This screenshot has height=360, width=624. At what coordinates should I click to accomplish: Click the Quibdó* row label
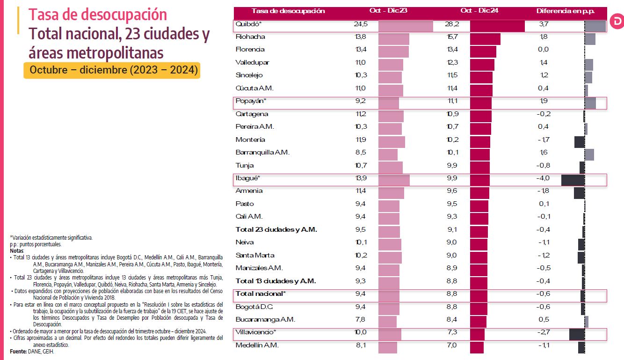(248, 24)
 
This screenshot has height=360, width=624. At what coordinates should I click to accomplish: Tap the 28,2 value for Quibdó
(452, 24)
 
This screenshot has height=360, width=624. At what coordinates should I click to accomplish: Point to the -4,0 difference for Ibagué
(544, 178)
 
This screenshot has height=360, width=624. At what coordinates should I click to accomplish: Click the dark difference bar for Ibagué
(573, 180)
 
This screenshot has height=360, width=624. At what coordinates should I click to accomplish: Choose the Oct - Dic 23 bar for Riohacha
(393, 39)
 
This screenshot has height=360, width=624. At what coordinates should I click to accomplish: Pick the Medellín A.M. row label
(257, 345)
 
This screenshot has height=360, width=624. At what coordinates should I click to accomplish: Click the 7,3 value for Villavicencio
(452, 332)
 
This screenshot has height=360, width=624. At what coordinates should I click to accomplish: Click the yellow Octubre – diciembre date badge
(112, 70)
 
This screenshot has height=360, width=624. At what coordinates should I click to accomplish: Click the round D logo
(617, 22)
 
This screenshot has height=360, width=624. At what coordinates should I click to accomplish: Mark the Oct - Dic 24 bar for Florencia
(483, 51)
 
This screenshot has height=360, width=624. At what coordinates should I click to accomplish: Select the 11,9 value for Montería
(361, 140)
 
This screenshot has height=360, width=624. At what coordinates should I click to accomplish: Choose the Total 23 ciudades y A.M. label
(276, 229)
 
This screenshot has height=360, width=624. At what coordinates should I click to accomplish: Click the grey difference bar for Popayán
(590, 103)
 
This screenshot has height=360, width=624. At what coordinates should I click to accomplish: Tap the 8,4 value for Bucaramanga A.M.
(452, 319)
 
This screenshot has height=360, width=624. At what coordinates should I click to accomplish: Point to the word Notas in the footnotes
(16, 250)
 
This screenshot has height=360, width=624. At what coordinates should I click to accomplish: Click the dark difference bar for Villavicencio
(577, 334)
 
